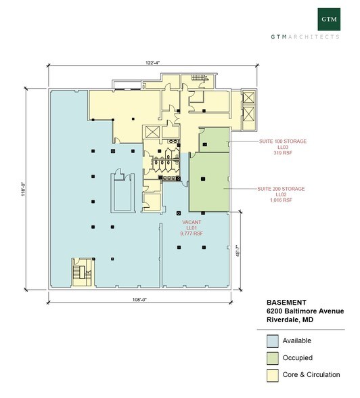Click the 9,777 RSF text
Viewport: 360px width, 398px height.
[x=192, y=234]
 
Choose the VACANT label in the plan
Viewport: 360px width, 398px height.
[x=192, y=221]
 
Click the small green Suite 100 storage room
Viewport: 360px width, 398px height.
[x=215, y=139]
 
